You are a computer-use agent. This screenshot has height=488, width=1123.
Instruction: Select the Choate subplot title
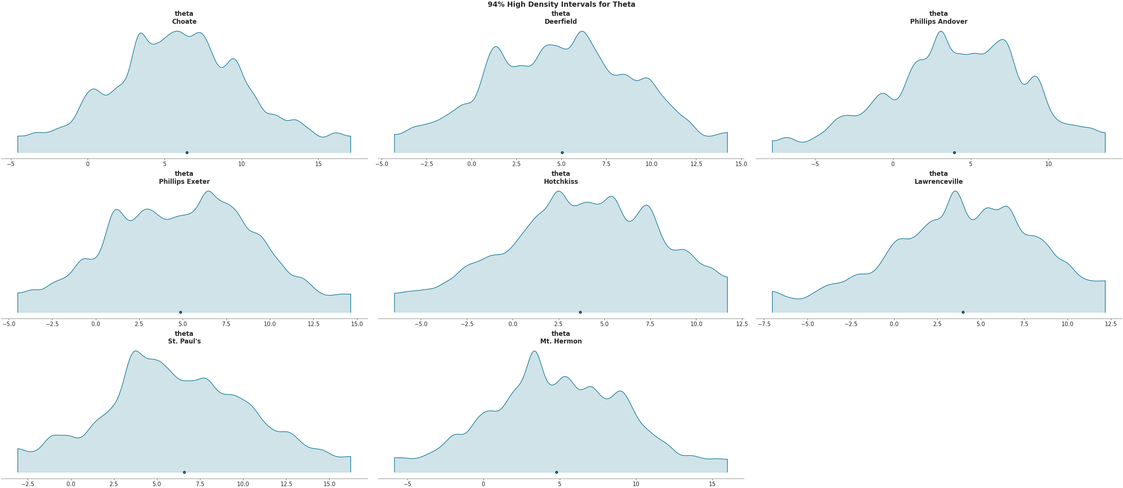[x=184, y=18]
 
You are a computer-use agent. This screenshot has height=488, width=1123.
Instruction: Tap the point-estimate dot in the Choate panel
[x=187, y=152]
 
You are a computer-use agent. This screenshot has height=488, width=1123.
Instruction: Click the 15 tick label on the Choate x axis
[x=318, y=164]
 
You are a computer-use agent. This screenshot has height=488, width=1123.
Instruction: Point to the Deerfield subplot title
[x=561, y=18]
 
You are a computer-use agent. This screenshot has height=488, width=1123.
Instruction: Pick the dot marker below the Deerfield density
[x=562, y=152]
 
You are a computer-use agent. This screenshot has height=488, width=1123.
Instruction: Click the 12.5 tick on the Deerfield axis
[x=696, y=164]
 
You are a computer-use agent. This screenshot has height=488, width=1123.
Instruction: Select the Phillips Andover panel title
[x=938, y=18]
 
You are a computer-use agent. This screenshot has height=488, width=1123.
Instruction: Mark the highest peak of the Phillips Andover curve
[x=941, y=31]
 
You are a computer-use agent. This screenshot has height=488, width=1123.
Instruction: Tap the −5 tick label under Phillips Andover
[x=815, y=164]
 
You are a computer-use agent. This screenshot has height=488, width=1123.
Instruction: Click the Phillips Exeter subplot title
[x=184, y=178]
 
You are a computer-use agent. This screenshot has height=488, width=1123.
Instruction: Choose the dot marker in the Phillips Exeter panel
[x=180, y=312]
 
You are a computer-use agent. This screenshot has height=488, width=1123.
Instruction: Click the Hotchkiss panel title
[x=561, y=178]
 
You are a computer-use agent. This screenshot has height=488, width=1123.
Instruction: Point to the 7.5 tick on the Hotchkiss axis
[x=650, y=324]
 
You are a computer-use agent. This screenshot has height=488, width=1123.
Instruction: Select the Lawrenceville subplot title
[x=938, y=178]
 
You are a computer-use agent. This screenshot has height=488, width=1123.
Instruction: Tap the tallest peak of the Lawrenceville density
[x=955, y=191]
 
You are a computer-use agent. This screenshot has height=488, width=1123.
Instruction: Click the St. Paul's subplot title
[x=184, y=338]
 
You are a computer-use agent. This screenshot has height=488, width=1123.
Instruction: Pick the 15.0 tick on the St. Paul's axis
[x=329, y=484]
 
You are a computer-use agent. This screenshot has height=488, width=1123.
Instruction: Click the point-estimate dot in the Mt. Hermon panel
[x=556, y=472]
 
